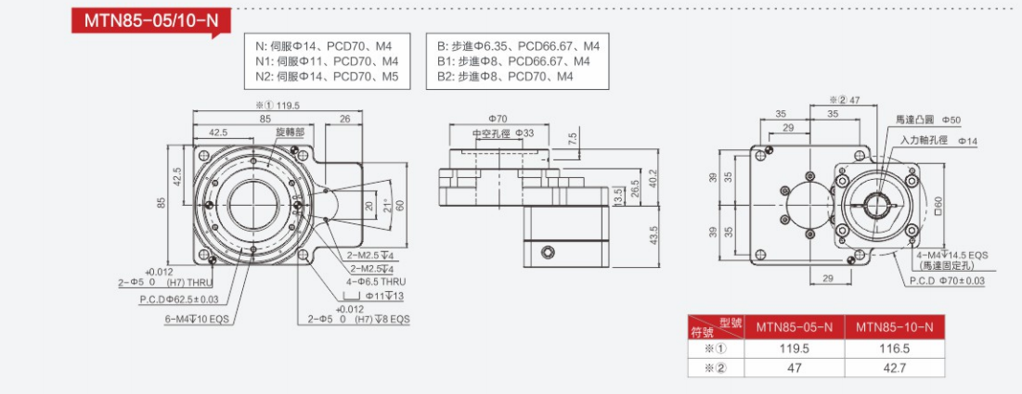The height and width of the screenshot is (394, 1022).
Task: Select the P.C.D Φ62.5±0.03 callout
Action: pyautogui.click(x=179, y=299)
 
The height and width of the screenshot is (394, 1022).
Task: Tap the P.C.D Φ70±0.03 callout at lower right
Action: pyautogui.click(x=947, y=280)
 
